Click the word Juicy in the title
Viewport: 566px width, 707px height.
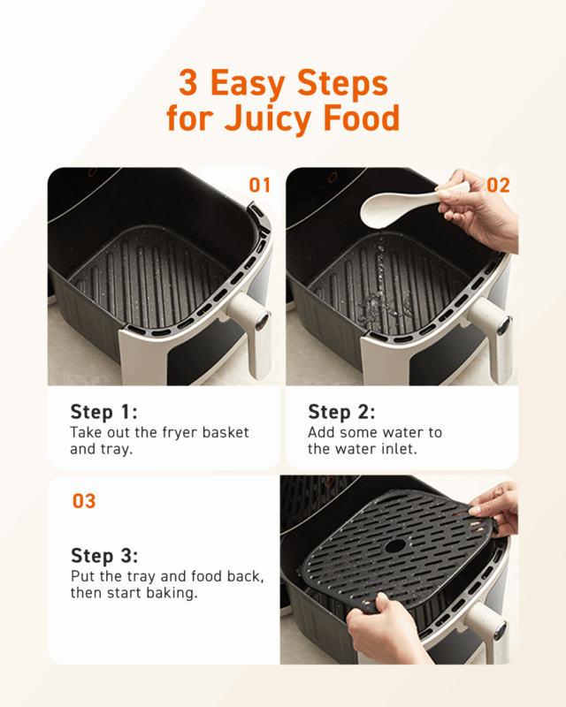(269, 118)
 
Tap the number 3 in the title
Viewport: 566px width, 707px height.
(188, 82)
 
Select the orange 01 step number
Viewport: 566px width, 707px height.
(259, 186)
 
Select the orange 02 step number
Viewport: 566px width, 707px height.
(498, 186)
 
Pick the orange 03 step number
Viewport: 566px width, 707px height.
(84, 501)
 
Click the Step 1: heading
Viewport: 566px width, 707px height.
(103, 412)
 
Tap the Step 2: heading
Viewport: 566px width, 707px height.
(341, 412)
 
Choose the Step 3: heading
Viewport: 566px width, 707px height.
(104, 556)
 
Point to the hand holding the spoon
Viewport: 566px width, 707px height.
(481, 209)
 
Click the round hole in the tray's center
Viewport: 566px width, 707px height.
(395, 546)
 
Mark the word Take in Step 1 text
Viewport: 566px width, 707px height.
(86, 432)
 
